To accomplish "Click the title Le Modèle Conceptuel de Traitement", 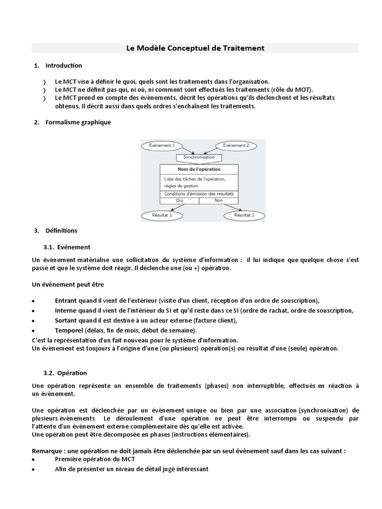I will pos(195,48).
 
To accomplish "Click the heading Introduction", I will pos(64,66).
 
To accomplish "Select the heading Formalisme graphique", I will pos(78,122).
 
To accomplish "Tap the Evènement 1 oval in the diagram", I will pos(162,146).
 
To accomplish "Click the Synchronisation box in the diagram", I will pos(199,157).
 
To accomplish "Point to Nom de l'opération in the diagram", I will pos(199,170).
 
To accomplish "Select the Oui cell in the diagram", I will pos(180,200).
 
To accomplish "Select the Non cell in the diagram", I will pos(218,200).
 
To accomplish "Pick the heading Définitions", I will pos(61,231).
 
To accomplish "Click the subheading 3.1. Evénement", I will pos(67,247).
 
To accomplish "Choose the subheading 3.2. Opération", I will pos(65,373).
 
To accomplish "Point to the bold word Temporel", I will pos(69,331).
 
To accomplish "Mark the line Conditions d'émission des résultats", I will pos(199,194).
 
